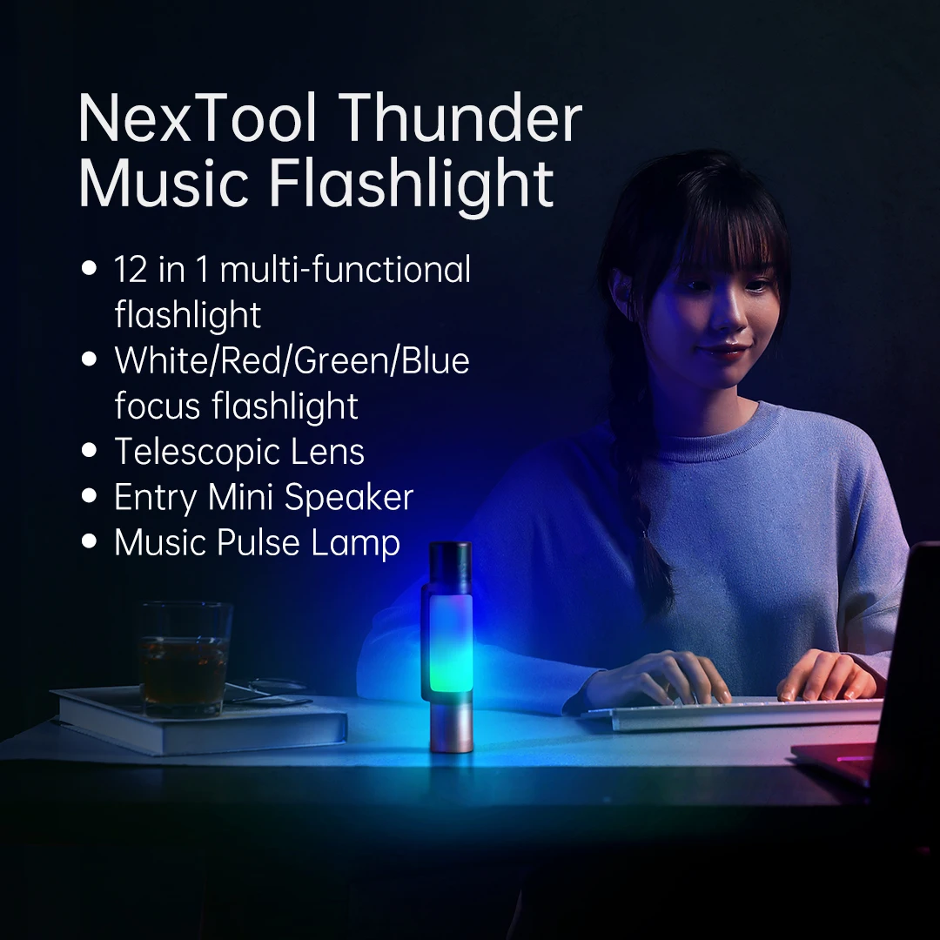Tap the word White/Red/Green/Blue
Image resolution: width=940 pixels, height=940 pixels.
pos(292,360)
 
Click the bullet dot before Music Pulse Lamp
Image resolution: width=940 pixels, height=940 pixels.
pos(89,541)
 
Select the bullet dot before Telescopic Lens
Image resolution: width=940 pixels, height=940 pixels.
pos(89,451)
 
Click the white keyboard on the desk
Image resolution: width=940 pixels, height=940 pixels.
pos(731,712)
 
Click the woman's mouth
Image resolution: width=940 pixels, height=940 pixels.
pos(723,352)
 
